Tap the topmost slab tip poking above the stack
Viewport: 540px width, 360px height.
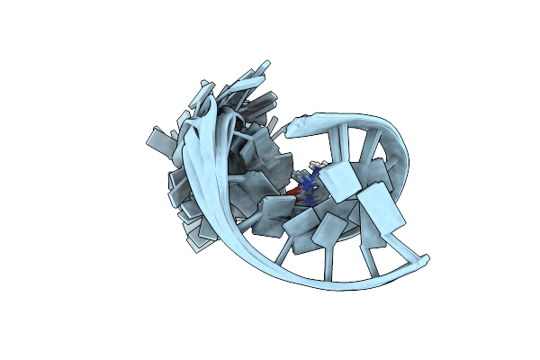264,65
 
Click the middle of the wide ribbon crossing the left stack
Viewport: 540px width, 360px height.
200,171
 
